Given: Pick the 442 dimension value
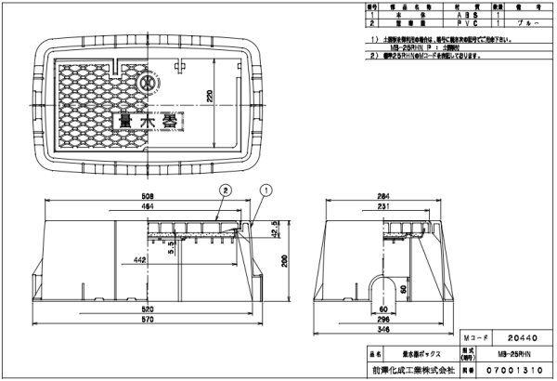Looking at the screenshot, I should (x=137, y=262).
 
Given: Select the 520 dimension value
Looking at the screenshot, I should (x=147, y=308).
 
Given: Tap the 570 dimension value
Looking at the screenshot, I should (x=147, y=321).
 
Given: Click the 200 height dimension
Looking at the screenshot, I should (x=286, y=262).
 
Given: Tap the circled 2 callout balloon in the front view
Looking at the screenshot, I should (x=224, y=188).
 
